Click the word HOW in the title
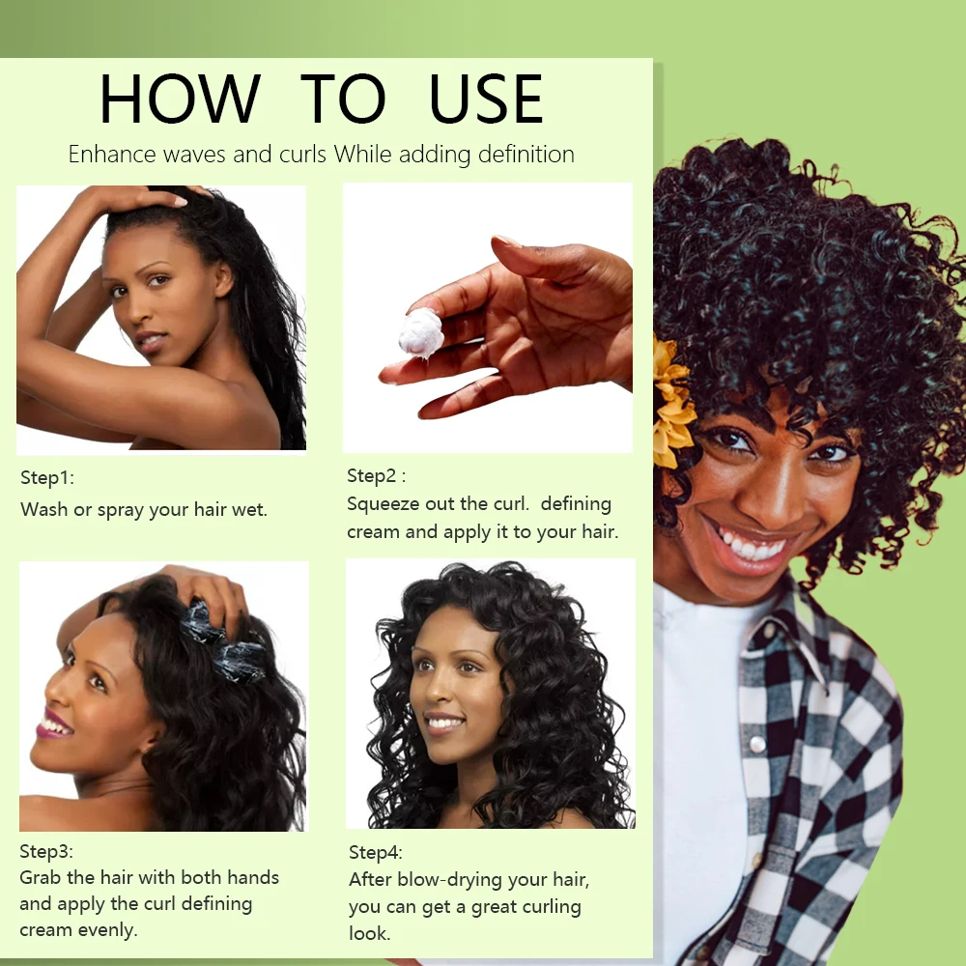point(180,99)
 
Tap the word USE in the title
point(486,99)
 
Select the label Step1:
point(47,478)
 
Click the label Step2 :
point(376,476)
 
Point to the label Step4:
point(376,853)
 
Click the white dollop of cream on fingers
point(421,333)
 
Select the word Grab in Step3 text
point(41,878)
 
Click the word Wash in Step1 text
point(43,509)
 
